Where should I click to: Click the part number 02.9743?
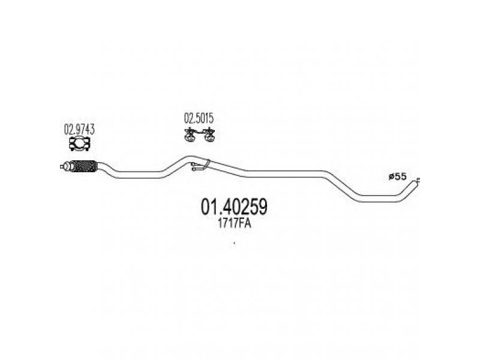[x=79, y=128]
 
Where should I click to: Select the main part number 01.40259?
[x=233, y=208]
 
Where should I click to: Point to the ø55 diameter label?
[x=398, y=176]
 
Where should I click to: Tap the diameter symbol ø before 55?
[x=391, y=176]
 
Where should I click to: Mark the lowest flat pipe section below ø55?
[x=378, y=198]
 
